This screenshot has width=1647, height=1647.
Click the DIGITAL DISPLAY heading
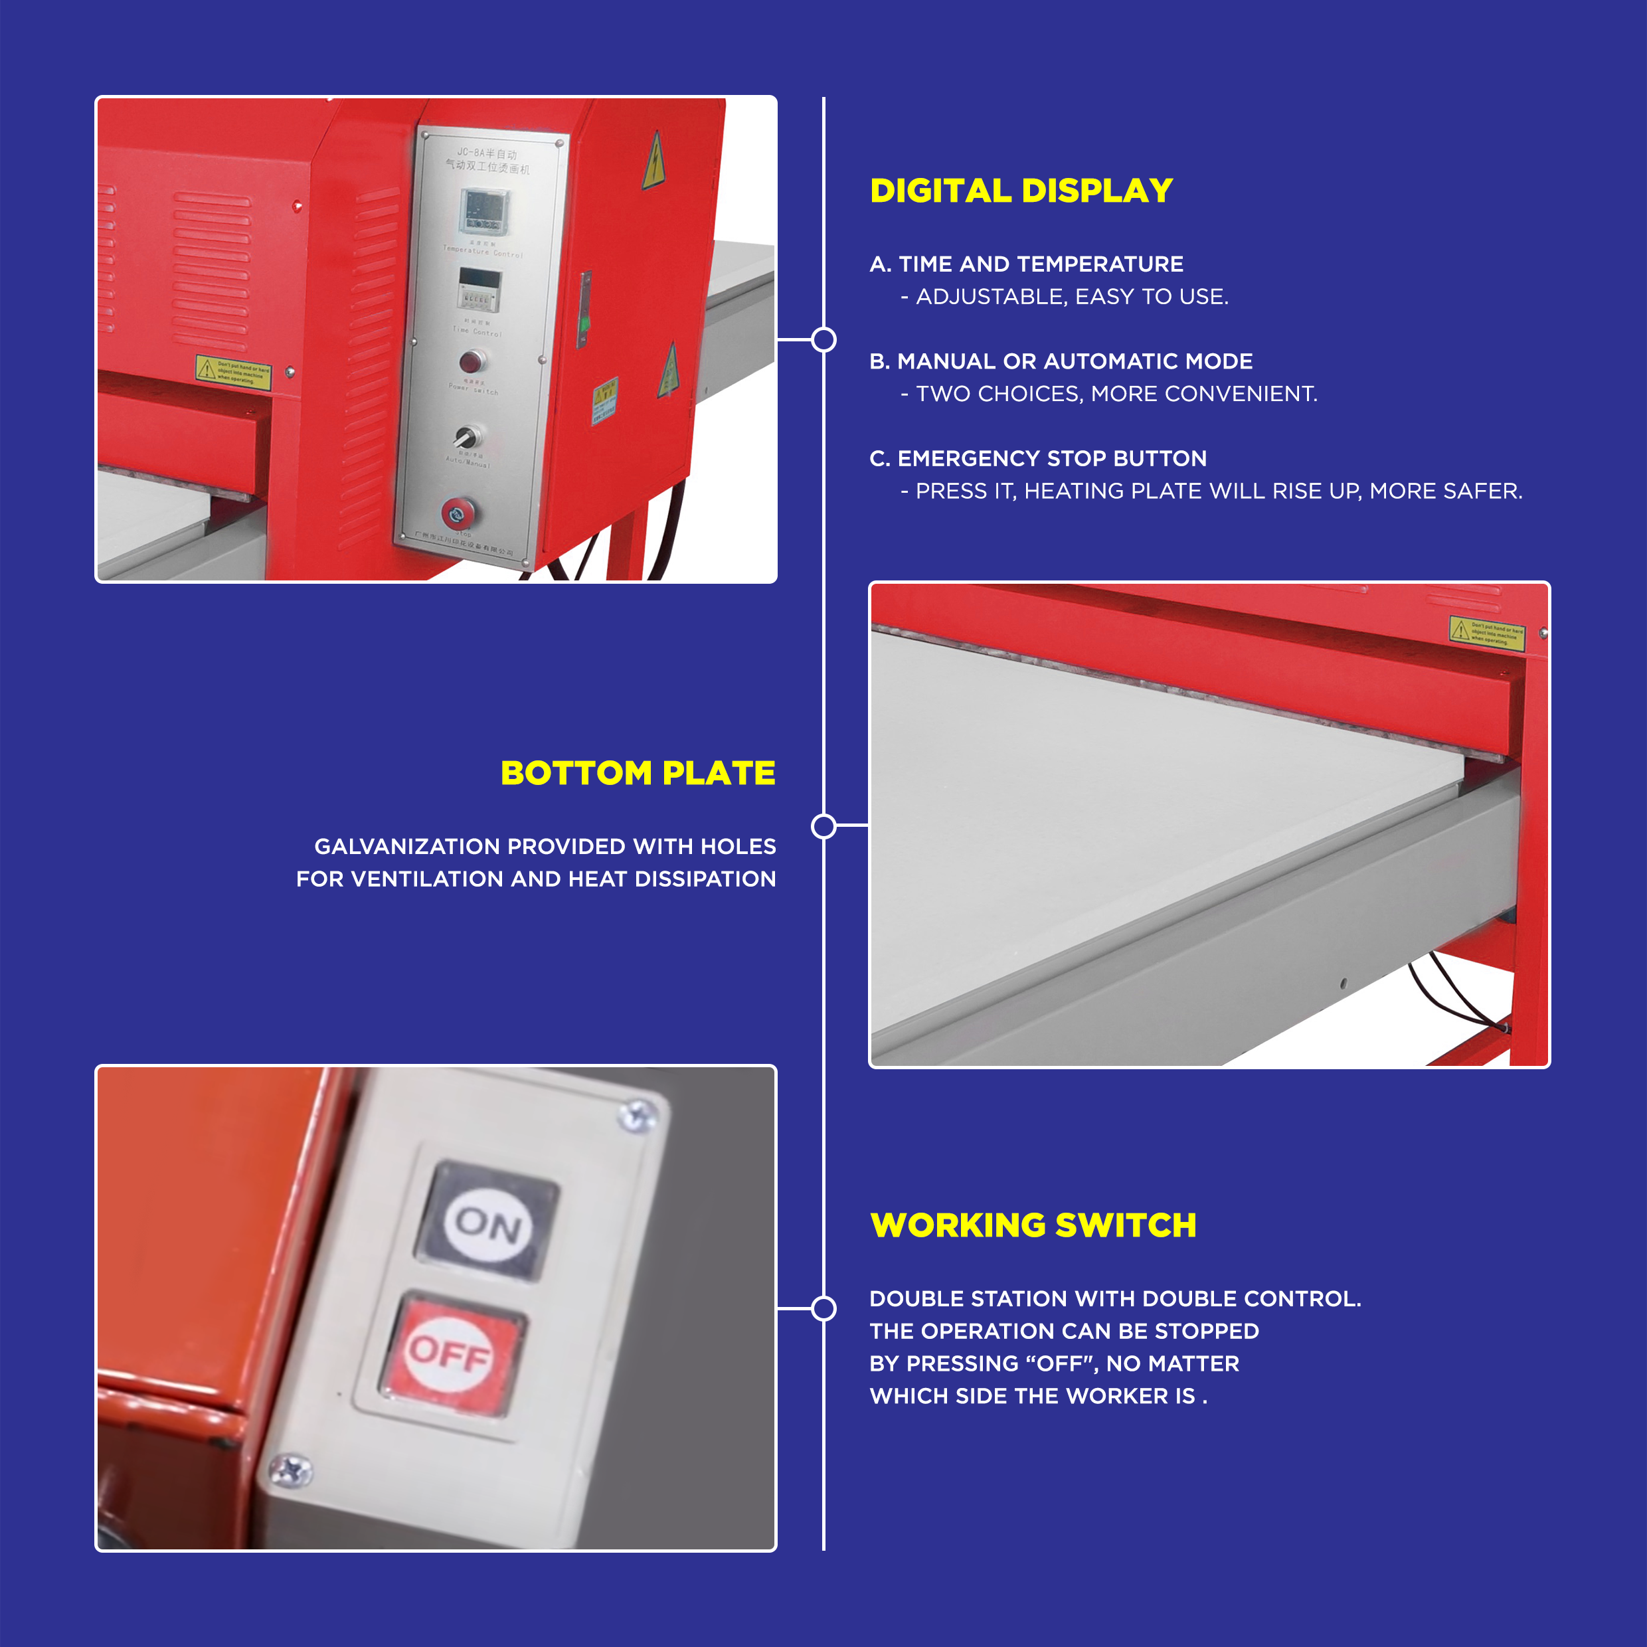1021,191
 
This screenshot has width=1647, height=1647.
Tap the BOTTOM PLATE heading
638,772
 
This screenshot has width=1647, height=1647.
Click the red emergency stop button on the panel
458,513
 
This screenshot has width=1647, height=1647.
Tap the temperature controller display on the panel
485,211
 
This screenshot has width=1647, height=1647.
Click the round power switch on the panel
472,361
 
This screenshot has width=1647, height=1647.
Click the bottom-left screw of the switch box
290,1469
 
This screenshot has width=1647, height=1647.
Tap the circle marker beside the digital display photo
823,339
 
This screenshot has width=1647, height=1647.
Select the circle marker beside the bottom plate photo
823,826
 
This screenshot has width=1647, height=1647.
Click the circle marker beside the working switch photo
823,1308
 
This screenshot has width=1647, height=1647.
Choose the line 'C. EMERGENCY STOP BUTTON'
1037,459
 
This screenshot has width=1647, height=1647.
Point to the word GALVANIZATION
406,847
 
